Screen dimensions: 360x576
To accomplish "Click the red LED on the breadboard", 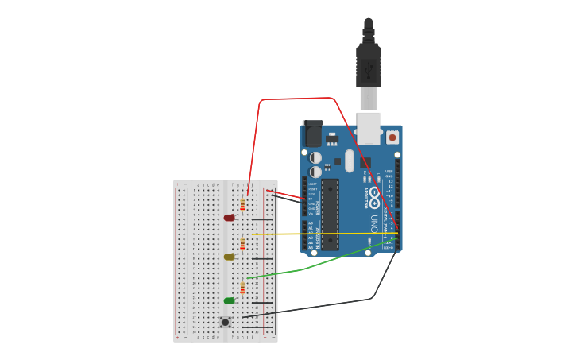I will [229, 218].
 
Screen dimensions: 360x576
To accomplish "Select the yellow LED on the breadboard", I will [229, 257].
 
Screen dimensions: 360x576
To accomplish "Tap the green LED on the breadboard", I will [229, 300].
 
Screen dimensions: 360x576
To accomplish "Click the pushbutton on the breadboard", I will [226, 322].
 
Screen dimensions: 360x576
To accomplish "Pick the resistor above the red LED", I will [242, 204].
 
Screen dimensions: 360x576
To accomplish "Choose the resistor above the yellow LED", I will [242, 243].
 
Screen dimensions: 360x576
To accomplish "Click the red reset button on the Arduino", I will [392, 137].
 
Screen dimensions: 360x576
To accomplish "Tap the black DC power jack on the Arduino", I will [312, 133].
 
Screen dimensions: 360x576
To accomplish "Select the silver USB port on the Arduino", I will [368, 127].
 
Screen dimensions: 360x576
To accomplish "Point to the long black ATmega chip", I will [330, 215].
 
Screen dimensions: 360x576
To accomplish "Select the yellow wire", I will [318, 234].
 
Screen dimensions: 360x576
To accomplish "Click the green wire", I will [302, 269].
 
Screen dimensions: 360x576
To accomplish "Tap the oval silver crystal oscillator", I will [349, 161].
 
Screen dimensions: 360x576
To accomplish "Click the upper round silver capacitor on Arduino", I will [315, 157].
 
